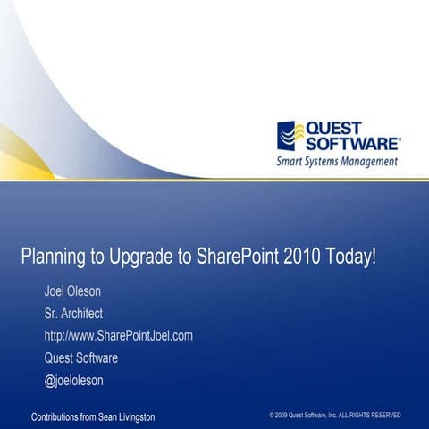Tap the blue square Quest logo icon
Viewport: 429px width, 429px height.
click(290, 136)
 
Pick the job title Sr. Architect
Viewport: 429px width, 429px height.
click(73, 314)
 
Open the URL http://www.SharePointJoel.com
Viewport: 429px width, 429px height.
click(119, 336)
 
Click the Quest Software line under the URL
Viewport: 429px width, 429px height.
click(80, 358)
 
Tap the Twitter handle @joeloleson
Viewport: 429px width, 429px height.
click(73, 381)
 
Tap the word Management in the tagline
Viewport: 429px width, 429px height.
click(366, 162)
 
